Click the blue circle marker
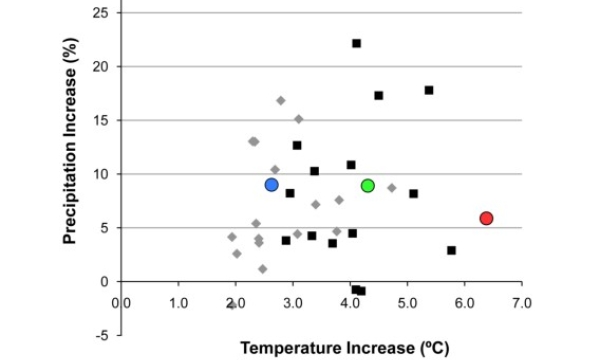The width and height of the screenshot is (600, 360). coord(271,185)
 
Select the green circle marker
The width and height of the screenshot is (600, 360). coord(368,186)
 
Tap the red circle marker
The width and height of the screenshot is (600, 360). coord(486,218)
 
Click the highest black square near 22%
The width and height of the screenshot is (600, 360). coord(356,43)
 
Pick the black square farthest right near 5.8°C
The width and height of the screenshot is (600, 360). coord(451,250)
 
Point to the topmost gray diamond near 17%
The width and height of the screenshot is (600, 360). coord(281,100)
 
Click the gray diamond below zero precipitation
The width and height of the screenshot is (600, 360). coord(232,305)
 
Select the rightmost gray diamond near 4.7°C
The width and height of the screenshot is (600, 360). coord(392,187)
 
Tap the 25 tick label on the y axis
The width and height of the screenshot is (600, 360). coord(100,13)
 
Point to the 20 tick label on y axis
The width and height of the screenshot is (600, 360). coord(100,66)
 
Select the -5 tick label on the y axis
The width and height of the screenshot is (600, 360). coord(101,335)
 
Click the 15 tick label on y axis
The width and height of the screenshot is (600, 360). coord(100,120)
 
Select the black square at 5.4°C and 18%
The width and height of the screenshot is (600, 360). coord(429,90)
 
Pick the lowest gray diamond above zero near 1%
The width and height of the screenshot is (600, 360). coord(262,269)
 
